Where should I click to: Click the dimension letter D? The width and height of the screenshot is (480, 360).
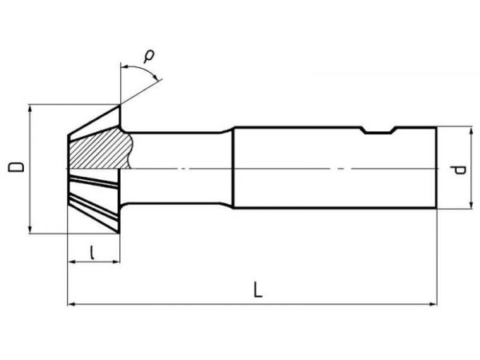click(x=14, y=168)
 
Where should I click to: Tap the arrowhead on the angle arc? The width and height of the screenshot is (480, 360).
click(x=158, y=78)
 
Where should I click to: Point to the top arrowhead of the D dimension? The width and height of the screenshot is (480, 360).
click(x=30, y=109)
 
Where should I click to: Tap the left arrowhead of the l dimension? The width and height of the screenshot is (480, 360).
click(x=70, y=262)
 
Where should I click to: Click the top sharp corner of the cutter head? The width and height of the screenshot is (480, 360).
click(x=120, y=106)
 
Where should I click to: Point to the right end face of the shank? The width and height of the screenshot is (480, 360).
click(x=436, y=168)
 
